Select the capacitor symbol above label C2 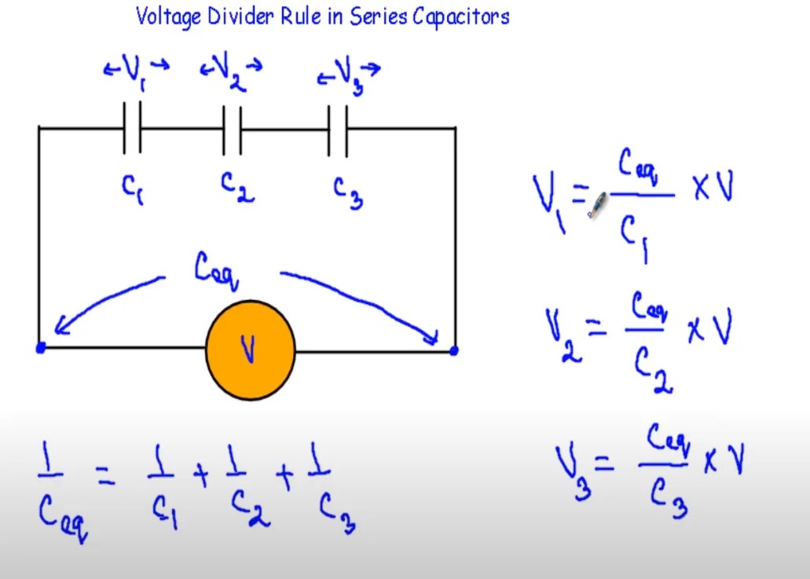(x=232, y=129)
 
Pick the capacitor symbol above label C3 (x=338, y=129)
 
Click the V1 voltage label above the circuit (x=135, y=72)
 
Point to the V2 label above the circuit (x=230, y=71)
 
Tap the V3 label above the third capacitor (x=349, y=75)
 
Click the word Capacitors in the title (x=467, y=16)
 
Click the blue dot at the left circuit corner (x=41, y=348)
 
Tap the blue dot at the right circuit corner (x=453, y=350)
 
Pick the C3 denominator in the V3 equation (x=669, y=496)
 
